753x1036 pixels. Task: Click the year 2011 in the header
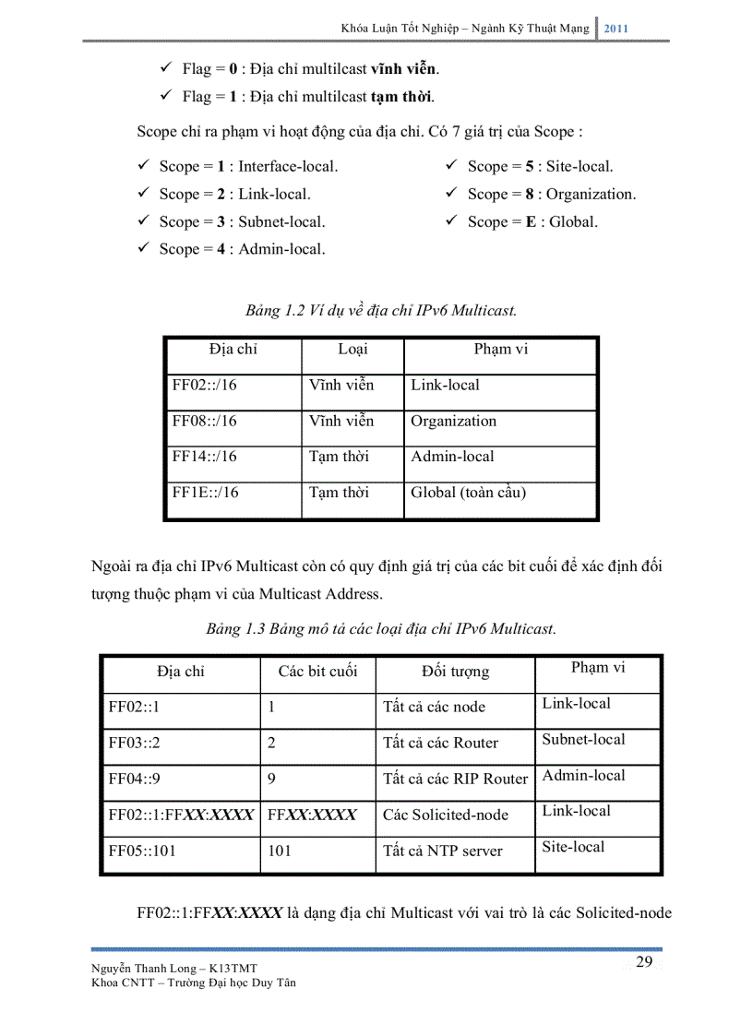point(616,29)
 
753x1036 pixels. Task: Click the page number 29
point(644,962)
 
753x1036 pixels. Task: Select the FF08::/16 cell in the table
point(204,422)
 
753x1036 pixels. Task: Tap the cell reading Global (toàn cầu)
point(468,493)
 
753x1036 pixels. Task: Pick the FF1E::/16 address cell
point(205,493)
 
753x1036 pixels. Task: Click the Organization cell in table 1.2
point(453,422)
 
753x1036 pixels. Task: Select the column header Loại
point(353,350)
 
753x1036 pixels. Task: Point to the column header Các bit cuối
point(317,672)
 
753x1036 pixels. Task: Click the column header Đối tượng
point(455,672)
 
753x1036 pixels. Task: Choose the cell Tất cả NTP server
point(442,851)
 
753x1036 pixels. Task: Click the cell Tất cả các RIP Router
point(455,779)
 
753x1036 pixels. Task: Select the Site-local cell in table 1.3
point(573,847)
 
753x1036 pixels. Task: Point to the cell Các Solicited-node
point(445,815)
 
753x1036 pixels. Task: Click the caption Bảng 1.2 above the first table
point(380,311)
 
